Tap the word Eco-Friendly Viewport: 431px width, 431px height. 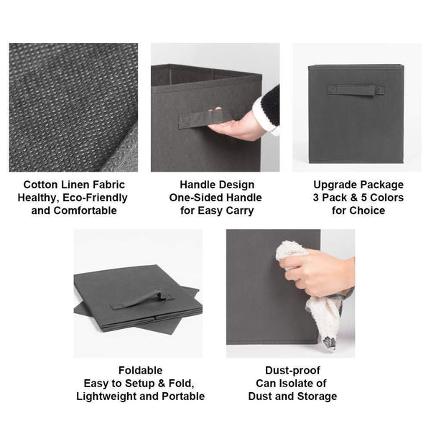[95, 198]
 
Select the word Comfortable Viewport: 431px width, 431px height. [85, 210]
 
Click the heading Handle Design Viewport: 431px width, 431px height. [217, 185]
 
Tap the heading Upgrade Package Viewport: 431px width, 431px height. [358, 185]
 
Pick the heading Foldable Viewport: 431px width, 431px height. [141, 371]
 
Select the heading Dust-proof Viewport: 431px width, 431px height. [292, 371]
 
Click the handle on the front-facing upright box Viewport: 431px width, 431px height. [356, 90]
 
